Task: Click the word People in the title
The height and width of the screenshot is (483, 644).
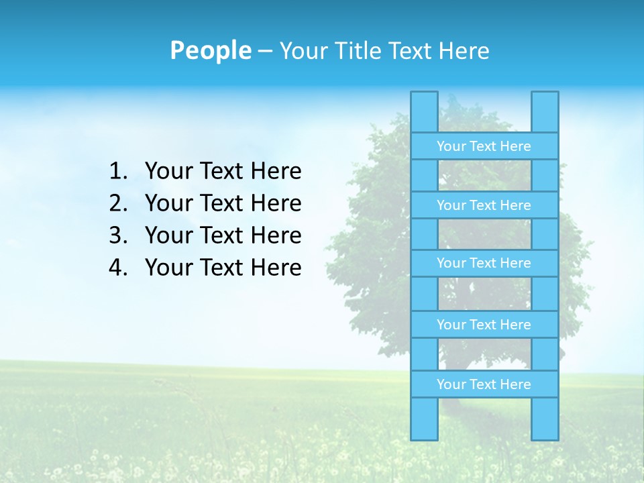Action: [210, 50]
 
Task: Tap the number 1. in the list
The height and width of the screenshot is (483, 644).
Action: [117, 172]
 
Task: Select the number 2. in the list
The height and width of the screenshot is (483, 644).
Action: [117, 203]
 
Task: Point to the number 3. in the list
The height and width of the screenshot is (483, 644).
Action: [117, 235]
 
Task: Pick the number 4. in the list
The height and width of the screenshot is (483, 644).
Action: [117, 268]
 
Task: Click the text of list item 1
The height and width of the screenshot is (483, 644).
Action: [223, 172]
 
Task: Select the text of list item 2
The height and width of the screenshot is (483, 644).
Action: [223, 203]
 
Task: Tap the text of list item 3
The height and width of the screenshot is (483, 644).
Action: [223, 235]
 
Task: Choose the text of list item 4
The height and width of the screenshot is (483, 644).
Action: [223, 268]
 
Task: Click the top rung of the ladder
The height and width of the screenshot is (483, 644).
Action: [484, 146]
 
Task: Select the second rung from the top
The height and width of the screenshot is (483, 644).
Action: [484, 205]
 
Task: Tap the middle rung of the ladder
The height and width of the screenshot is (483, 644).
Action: [484, 263]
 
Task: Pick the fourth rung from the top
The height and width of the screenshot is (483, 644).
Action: [484, 325]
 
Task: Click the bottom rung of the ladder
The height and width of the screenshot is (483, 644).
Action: [484, 384]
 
